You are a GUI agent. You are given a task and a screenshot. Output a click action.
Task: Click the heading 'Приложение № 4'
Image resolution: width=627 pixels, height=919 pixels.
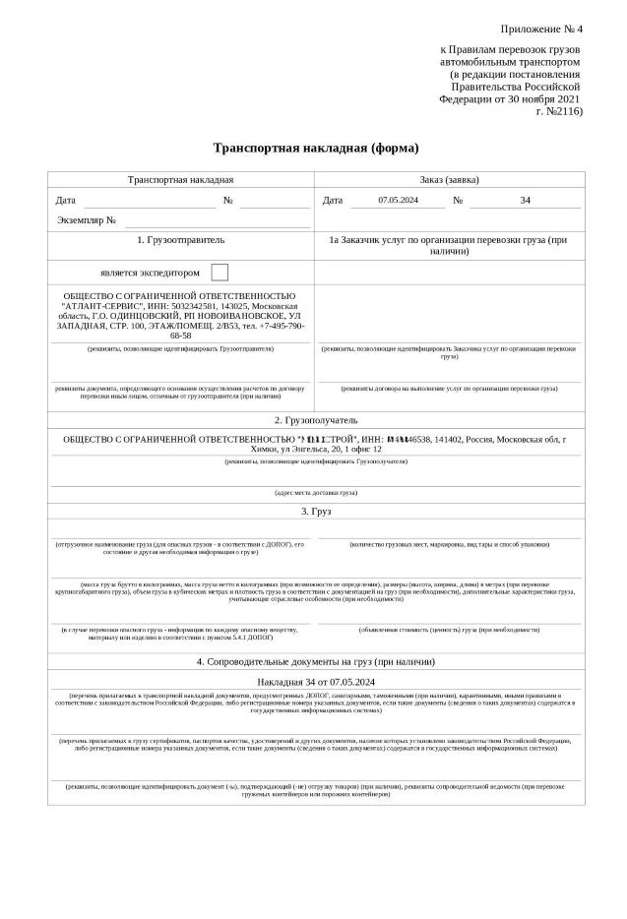click(x=541, y=29)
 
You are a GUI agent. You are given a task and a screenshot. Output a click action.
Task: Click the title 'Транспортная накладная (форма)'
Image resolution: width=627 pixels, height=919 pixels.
click(x=316, y=149)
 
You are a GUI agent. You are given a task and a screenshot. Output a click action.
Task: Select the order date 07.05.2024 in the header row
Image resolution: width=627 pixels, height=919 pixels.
click(x=398, y=201)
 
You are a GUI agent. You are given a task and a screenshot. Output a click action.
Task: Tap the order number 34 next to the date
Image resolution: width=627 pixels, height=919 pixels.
click(x=525, y=201)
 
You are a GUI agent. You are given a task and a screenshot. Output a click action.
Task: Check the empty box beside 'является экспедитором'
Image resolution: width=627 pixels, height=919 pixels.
click(x=219, y=273)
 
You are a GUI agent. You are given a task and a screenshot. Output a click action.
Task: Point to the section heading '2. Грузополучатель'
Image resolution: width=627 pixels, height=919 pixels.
click(x=316, y=420)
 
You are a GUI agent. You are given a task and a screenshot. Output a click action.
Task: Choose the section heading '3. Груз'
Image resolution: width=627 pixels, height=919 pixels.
click(x=316, y=512)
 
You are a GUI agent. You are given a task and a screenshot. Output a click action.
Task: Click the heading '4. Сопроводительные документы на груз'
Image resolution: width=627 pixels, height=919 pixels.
click(x=316, y=661)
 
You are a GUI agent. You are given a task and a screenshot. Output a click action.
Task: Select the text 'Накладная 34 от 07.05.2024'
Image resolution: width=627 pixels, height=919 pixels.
click(x=316, y=681)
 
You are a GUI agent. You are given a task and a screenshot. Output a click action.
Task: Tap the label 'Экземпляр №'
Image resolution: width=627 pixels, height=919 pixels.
click(x=87, y=220)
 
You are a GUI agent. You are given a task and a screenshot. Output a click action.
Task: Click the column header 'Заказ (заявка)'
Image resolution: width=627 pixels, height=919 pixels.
click(x=449, y=180)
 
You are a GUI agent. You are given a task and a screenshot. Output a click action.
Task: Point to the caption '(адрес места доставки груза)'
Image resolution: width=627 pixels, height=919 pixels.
click(x=316, y=492)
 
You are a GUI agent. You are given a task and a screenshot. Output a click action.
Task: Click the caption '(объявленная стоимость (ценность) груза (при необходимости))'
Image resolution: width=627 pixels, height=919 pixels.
click(x=449, y=629)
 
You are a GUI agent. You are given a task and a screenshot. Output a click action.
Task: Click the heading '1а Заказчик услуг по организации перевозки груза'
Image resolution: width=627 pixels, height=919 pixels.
click(x=449, y=245)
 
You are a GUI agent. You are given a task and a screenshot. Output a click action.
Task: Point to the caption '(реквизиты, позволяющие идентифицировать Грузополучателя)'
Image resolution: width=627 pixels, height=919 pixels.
click(x=316, y=460)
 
